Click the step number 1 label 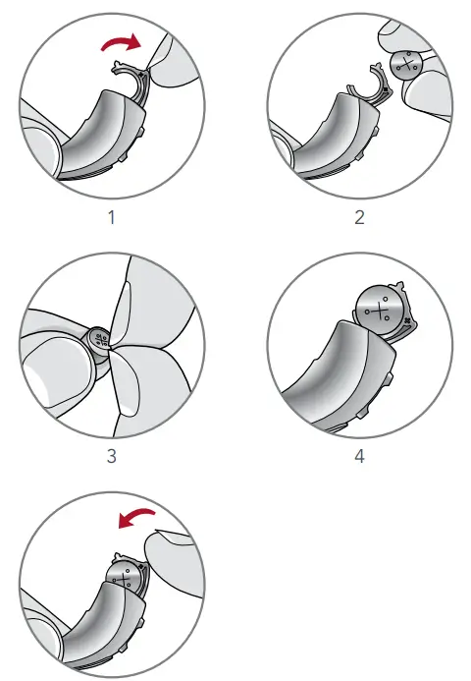(x=111, y=217)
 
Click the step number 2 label (x=359, y=217)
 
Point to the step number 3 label (x=111, y=457)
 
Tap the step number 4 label (x=359, y=457)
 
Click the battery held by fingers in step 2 (x=404, y=67)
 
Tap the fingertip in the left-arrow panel (x=171, y=555)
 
